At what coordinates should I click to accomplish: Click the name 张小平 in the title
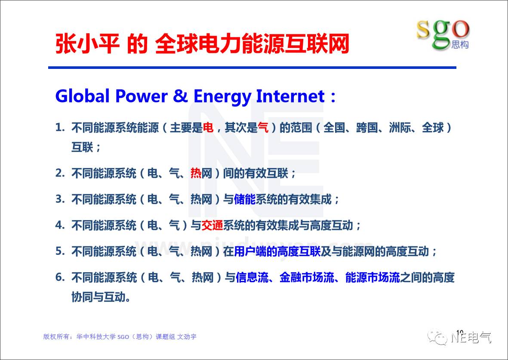point(87,44)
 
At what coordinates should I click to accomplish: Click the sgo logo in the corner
point(443,34)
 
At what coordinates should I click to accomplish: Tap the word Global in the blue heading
point(82,96)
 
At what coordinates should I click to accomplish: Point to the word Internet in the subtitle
point(290,96)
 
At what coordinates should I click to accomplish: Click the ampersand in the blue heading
point(180,96)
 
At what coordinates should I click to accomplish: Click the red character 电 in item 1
point(208,128)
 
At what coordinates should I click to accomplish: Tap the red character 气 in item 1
point(263,128)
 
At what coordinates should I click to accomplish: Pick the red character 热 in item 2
point(196,173)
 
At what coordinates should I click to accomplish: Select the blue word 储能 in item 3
point(245,199)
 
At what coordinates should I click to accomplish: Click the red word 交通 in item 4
point(212,225)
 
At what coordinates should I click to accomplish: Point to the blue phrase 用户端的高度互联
point(277,251)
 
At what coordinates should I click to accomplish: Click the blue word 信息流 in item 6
point(252,277)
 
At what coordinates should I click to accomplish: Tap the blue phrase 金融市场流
point(307,277)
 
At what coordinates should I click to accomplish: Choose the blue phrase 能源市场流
point(373,277)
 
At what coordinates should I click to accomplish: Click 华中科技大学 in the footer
point(96,337)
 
